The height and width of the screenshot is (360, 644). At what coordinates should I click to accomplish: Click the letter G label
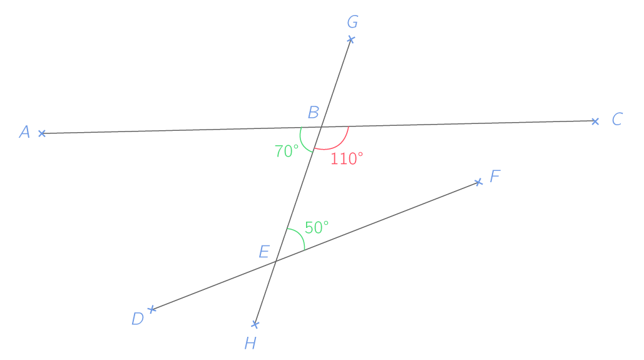pyautogui.click(x=352, y=22)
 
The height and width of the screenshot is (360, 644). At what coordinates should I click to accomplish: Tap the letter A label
pyautogui.click(x=24, y=132)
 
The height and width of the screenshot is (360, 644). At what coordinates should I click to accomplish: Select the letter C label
pyautogui.click(x=617, y=119)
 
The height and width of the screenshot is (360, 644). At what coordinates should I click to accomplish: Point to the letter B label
pyautogui.click(x=314, y=112)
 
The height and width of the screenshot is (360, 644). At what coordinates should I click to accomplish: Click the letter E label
pyautogui.click(x=264, y=251)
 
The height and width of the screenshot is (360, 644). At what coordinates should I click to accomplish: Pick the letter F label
pyautogui.click(x=495, y=176)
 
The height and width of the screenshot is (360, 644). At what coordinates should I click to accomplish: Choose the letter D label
pyautogui.click(x=138, y=319)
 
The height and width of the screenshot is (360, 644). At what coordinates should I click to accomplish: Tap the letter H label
pyautogui.click(x=250, y=342)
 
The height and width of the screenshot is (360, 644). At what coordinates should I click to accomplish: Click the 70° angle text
pyautogui.click(x=287, y=151)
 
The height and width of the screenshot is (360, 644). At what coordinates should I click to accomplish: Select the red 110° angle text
pyautogui.click(x=347, y=158)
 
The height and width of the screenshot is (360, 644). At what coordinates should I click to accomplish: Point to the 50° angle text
pyautogui.click(x=317, y=227)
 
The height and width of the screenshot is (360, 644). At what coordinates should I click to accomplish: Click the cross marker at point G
pyautogui.click(x=350, y=39)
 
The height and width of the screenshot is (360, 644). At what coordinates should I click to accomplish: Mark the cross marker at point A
pyautogui.click(x=42, y=133)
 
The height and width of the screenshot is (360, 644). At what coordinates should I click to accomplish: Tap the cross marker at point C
pyautogui.click(x=595, y=121)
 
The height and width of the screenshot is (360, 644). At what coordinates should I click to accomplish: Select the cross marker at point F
pyautogui.click(x=478, y=182)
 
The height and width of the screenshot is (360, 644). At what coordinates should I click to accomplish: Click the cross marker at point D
pyautogui.click(x=151, y=309)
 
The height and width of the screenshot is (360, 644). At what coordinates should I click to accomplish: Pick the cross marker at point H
pyautogui.click(x=255, y=325)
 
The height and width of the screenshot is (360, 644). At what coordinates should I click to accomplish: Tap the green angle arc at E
pyautogui.click(x=300, y=235)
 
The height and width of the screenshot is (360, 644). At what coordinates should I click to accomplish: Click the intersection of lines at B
pyautogui.click(x=321, y=127)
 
